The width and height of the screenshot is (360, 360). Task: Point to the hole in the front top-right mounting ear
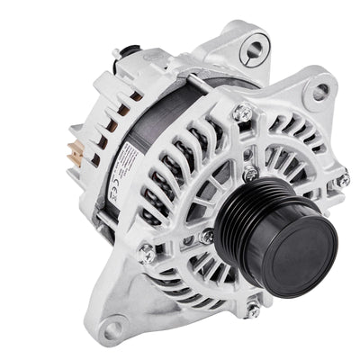click(318, 90)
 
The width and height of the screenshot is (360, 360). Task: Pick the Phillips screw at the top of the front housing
click(240, 112)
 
